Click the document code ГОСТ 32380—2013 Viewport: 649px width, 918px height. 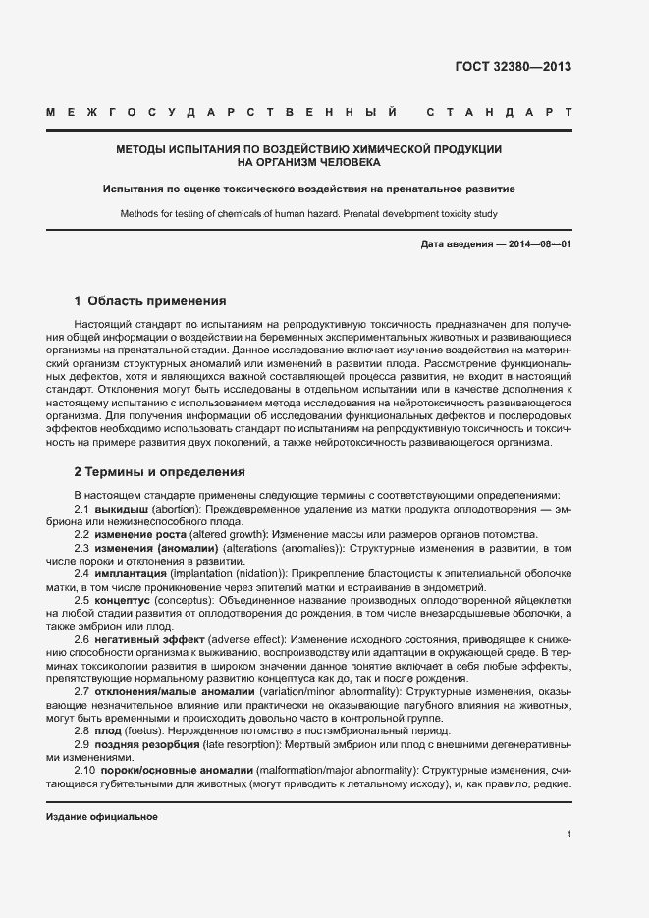tap(514, 68)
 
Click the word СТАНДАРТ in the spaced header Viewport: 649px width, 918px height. tap(500, 114)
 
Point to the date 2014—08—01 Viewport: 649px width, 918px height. tap(537, 243)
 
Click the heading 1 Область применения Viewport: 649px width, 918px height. tap(150, 300)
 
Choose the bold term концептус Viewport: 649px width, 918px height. tap(123, 597)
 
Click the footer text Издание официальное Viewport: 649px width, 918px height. tap(102, 817)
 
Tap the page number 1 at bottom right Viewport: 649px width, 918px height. tap(568, 835)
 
